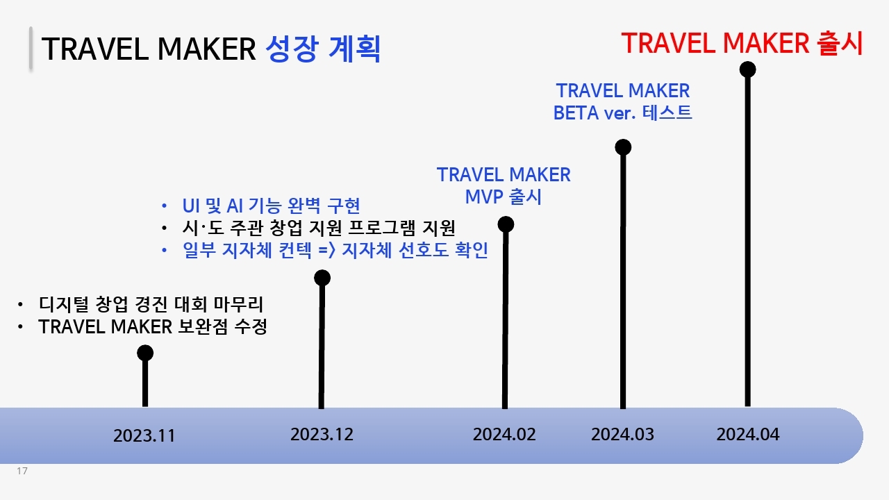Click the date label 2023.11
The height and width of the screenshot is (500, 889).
tap(144, 435)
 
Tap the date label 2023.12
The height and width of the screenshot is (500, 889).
tap(322, 435)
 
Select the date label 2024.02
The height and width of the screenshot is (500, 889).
tap(504, 435)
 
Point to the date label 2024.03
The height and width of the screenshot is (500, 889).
tap(622, 435)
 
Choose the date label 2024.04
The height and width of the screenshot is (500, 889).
tap(748, 435)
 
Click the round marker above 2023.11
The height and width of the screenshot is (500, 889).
tap(145, 353)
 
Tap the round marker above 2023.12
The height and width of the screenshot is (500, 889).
tap(322, 278)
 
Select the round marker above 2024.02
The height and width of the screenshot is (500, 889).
tap(506, 224)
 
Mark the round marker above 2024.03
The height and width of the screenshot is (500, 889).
tap(623, 147)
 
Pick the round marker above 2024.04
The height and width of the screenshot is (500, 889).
tap(748, 69)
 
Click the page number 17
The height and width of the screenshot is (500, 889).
tap(22, 471)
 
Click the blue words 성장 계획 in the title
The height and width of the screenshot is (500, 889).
tap(323, 49)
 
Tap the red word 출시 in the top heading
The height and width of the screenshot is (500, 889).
tap(840, 43)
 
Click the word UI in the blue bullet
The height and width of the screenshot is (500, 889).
tap(191, 206)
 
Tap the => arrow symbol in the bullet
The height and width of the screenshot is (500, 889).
tap(327, 251)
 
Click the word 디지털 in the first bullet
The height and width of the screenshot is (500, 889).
tap(63, 304)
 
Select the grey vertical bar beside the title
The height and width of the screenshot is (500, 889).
tap(31, 49)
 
